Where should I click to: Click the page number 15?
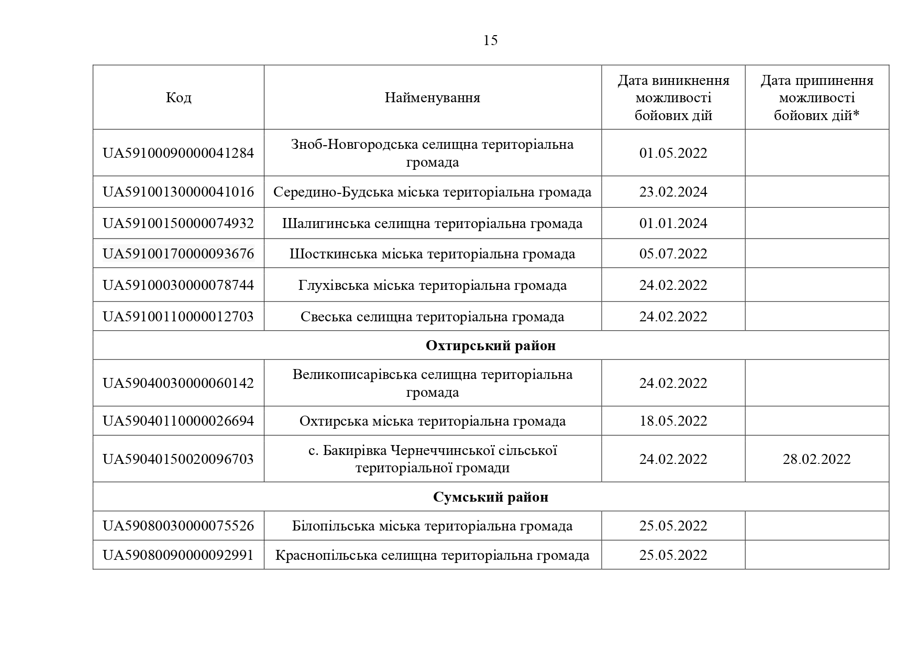[x=490, y=40]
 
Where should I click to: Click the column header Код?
[x=179, y=97]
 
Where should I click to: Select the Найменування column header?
[x=432, y=97]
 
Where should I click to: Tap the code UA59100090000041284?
[x=179, y=153]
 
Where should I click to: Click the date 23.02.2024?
[x=673, y=192]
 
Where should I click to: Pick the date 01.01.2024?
[x=673, y=223]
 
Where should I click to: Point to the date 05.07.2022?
[x=673, y=254]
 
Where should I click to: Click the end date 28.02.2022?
[x=816, y=459]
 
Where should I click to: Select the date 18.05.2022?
[x=673, y=421]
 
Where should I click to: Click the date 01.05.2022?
[x=673, y=153]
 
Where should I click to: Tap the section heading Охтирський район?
[x=491, y=345]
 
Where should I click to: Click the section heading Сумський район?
[x=491, y=497]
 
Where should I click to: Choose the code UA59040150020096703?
[x=179, y=459]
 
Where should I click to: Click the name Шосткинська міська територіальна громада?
[x=432, y=254]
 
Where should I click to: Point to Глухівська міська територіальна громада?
[x=432, y=285]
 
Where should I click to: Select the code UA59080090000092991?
[x=179, y=555]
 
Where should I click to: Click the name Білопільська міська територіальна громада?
[x=432, y=526]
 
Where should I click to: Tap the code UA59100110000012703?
[x=179, y=317]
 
